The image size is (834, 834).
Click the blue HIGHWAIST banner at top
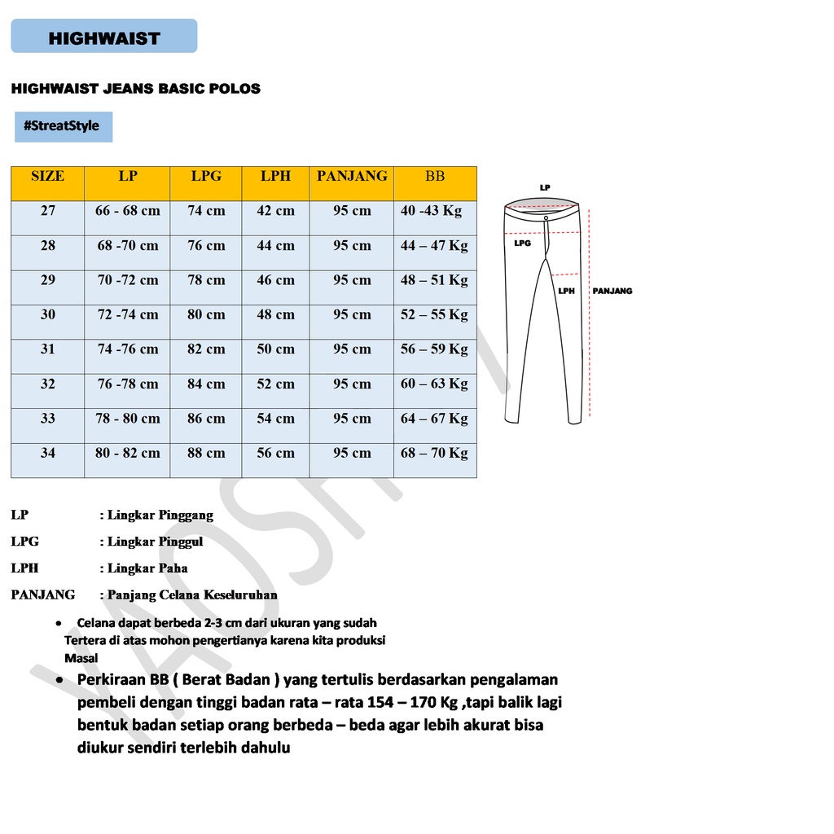pyautogui.click(x=104, y=37)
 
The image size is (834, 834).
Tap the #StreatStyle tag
pyautogui.click(x=63, y=126)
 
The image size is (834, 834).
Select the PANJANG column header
pyautogui.click(x=352, y=176)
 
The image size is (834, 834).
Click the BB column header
pyautogui.click(x=435, y=176)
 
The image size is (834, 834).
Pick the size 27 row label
pyautogui.click(x=48, y=211)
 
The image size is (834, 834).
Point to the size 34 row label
pyautogui.click(x=48, y=453)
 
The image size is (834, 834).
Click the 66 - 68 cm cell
pyautogui.click(x=128, y=211)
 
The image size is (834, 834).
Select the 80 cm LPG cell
pyautogui.click(x=206, y=314)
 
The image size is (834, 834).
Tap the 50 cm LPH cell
pyautogui.click(x=275, y=349)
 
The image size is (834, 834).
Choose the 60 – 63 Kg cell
pyautogui.click(x=434, y=384)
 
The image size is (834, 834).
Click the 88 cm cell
pyautogui.click(x=206, y=453)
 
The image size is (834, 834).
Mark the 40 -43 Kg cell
pyautogui.click(x=431, y=211)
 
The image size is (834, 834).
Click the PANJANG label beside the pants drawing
pyautogui.click(x=612, y=291)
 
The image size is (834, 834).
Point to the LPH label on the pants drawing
pyautogui.click(x=566, y=291)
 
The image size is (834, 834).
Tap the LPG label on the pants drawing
pyautogui.click(x=522, y=243)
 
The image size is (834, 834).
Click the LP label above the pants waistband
pyautogui.click(x=545, y=187)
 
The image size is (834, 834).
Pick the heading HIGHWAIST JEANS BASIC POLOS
pyautogui.click(x=136, y=89)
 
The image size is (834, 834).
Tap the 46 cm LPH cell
pyautogui.click(x=275, y=280)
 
